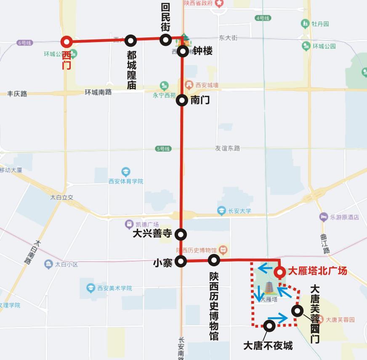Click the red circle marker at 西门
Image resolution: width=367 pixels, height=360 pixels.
click(66, 42)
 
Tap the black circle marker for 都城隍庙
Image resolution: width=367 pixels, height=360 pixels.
click(131, 41)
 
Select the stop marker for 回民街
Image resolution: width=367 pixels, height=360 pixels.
click(166, 40)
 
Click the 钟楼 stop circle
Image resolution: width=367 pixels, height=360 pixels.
click(182, 51)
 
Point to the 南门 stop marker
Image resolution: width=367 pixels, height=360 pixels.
click(182, 100)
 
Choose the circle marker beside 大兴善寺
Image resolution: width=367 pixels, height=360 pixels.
click(181, 234)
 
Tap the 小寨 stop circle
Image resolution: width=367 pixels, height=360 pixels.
click(181, 261)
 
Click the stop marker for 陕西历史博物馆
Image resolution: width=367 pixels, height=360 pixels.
click(214, 260)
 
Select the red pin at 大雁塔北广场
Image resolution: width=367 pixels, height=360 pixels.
click(280, 273)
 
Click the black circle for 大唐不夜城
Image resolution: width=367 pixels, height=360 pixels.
click(269, 325)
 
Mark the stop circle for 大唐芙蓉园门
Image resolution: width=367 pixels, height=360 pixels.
click(297, 311)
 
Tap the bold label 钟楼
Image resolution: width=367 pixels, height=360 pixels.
click(202, 51)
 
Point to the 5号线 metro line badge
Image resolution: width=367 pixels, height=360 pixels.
click(163, 149)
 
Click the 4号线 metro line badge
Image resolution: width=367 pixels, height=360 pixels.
click(263, 18)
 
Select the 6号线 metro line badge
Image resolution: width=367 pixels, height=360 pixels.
click(24, 43)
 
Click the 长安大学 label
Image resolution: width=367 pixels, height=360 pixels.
click(239, 211)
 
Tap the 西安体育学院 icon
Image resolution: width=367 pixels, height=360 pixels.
click(125, 172)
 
